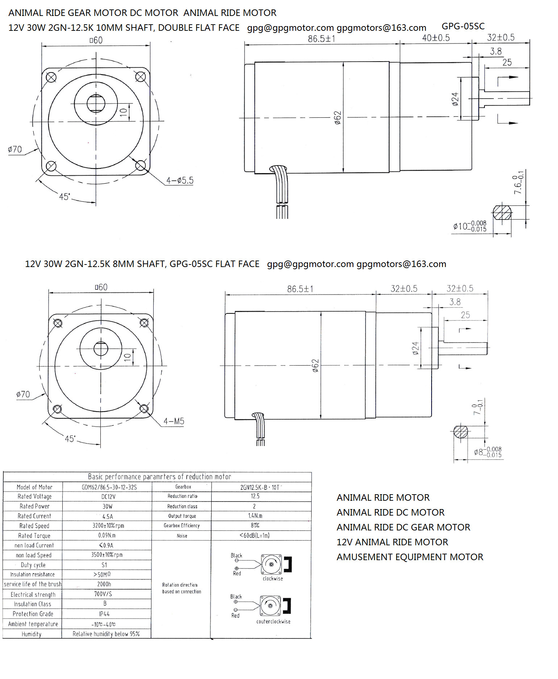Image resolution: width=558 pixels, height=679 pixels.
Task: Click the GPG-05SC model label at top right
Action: tap(463, 26)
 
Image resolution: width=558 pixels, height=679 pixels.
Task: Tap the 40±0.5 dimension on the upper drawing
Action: tap(436, 38)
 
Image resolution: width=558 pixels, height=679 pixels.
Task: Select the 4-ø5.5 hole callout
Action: tap(180, 180)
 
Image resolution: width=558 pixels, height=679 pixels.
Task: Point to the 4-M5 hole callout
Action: tap(174, 421)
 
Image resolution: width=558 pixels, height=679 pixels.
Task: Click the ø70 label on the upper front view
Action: tap(15, 149)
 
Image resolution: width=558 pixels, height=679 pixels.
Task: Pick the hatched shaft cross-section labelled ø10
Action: tap(502, 213)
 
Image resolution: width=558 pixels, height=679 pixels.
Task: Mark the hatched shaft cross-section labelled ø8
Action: tap(461, 432)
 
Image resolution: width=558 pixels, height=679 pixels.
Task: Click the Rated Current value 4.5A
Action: tap(108, 516)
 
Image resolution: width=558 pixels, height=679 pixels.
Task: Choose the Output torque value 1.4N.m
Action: tap(255, 516)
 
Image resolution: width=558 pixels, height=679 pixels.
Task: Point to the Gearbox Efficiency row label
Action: tap(182, 525)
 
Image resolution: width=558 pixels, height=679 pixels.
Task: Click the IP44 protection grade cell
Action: tap(104, 614)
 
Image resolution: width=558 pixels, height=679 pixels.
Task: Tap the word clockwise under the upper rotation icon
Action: tap(273, 579)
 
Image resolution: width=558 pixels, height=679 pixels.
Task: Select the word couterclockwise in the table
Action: tap(274, 621)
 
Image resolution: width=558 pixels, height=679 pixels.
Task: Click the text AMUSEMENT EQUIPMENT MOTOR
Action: tap(410, 557)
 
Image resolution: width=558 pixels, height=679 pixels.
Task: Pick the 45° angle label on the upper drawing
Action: tap(64, 196)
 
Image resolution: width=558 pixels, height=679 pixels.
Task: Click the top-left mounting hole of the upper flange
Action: tap(51, 77)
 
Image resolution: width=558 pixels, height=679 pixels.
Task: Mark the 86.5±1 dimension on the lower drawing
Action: tap(300, 289)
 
